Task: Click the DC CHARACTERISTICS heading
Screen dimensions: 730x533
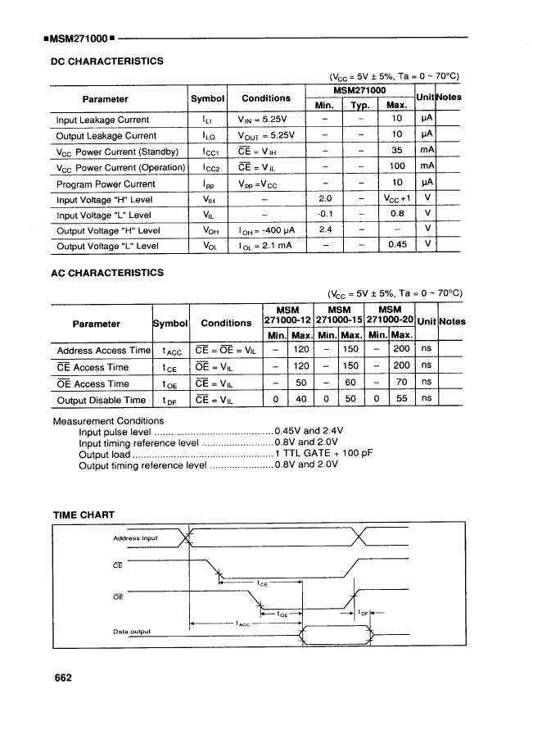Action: click(x=107, y=61)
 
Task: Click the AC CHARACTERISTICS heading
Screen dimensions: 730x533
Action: click(x=107, y=273)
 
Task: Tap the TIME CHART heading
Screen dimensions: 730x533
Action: click(x=84, y=515)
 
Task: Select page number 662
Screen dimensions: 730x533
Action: click(x=63, y=678)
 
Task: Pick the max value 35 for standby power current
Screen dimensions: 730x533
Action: click(x=396, y=152)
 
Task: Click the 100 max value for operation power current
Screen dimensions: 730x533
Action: click(x=396, y=167)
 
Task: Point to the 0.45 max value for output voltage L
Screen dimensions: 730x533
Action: click(x=396, y=245)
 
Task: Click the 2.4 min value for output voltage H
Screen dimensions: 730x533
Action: click(x=325, y=230)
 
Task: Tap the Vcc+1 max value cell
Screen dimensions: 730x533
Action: click(x=396, y=199)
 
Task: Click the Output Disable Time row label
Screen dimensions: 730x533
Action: click(x=101, y=401)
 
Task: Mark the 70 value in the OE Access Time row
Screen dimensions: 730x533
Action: click(x=401, y=383)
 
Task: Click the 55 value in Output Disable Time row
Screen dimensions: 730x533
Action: click(x=401, y=401)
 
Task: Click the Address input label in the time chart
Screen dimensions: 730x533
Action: click(x=135, y=538)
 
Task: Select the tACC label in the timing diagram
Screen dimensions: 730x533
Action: click(x=244, y=624)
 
